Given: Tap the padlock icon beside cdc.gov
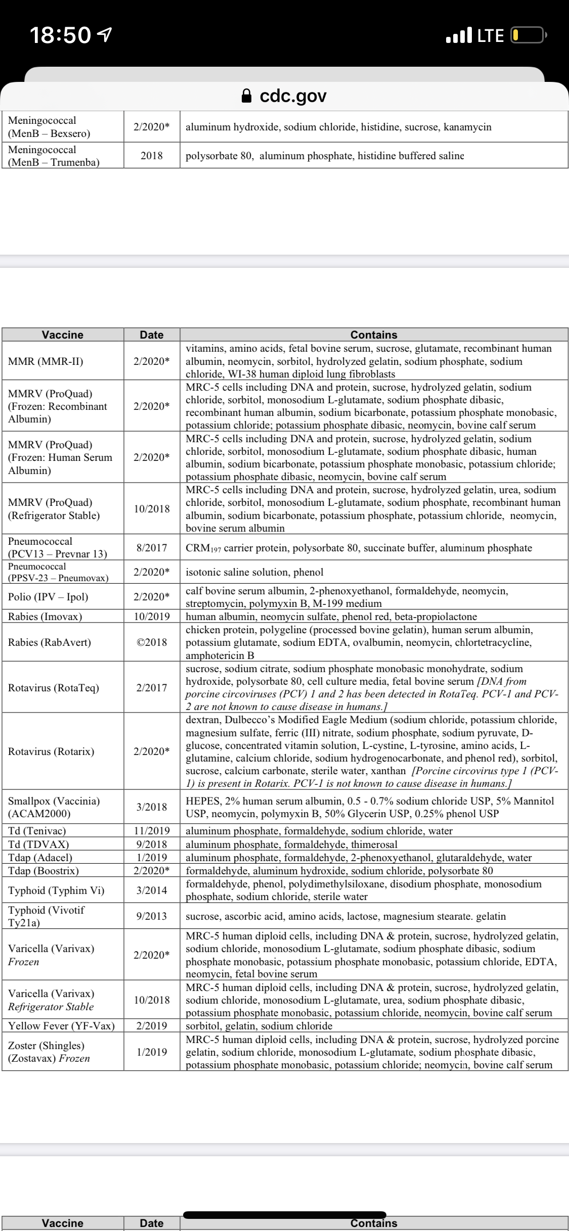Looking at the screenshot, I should click(246, 96).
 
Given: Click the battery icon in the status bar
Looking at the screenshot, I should click(528, 35).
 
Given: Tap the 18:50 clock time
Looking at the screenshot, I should click(60, 35).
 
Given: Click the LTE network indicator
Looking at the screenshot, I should click(490, 35).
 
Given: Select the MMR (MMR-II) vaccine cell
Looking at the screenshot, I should click(46, 361).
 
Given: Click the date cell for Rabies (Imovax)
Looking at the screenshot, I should click(152, 617).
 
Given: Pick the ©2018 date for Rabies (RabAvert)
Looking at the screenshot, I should click(152, 642).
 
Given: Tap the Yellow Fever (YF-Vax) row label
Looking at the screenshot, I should click(61, 1026).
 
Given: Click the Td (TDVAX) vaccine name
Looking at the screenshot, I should click(38, 844).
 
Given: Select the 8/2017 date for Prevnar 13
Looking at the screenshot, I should click(152, 548).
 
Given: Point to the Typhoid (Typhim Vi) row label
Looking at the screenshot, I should click(56, 890).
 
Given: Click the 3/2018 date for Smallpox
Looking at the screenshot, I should click(152, 807).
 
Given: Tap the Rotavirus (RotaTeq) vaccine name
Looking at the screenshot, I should click(54, 688).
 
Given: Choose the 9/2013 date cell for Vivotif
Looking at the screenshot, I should click(152, 916).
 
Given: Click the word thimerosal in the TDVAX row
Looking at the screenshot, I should click(372, 844).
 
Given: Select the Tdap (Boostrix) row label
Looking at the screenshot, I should click(43, 871).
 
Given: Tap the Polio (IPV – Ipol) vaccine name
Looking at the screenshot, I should click(48, 597).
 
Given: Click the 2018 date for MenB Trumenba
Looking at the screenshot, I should click(152, 156).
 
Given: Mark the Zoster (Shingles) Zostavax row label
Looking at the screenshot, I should click(49, 1052).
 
